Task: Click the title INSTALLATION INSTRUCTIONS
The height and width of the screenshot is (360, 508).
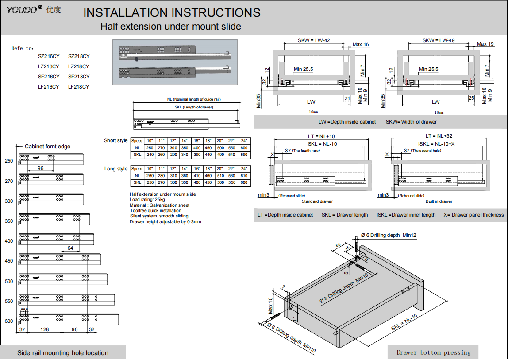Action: tap(172, 13)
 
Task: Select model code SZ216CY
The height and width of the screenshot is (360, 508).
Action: tap(49, 56)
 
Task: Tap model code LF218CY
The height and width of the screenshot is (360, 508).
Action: tap(79, 87)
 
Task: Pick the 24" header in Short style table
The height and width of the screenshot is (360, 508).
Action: tap(244, 141)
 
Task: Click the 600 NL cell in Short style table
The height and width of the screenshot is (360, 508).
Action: tap(244, 148)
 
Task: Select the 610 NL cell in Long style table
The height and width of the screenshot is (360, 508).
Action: tap(244, 176)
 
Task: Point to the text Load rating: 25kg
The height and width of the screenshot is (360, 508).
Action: tap(150, 200)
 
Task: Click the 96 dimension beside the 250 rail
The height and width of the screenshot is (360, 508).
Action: tap(40, 168)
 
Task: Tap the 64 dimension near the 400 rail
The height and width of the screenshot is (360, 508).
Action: tap(70, 248)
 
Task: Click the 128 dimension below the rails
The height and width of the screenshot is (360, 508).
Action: tap(44, 329)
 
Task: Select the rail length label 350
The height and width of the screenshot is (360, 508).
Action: tap(9, 221)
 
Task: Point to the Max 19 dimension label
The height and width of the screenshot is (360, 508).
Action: tap(485, 44)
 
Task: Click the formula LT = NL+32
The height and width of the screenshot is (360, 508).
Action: tap(439, 136)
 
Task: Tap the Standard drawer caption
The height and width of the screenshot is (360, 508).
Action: tap(317, 201)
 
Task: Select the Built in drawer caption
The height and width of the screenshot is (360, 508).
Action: tap(439, 201)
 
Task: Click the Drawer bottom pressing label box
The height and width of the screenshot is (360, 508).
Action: tap(433, 352)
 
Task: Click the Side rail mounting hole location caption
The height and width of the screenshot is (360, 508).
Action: tap(63, 353)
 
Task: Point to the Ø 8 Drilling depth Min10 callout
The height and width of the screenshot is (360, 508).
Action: tap(343, 289)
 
